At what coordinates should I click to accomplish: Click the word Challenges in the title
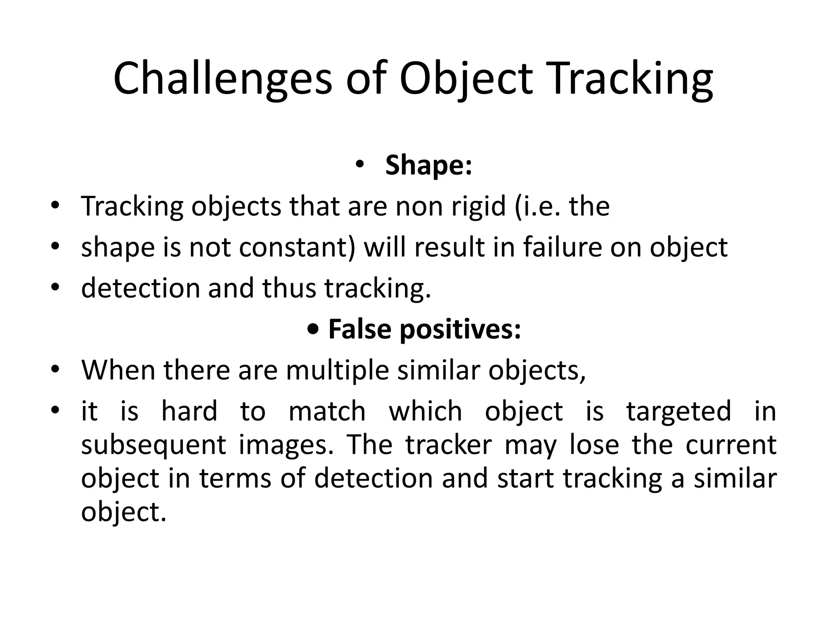pos(222,79)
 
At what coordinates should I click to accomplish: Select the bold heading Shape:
pos(428,165)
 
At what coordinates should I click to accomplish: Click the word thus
pos(289,288)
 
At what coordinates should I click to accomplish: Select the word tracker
pos(449,445)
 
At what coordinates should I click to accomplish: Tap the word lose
pos(594,445)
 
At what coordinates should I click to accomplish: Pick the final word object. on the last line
pos(124,513)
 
